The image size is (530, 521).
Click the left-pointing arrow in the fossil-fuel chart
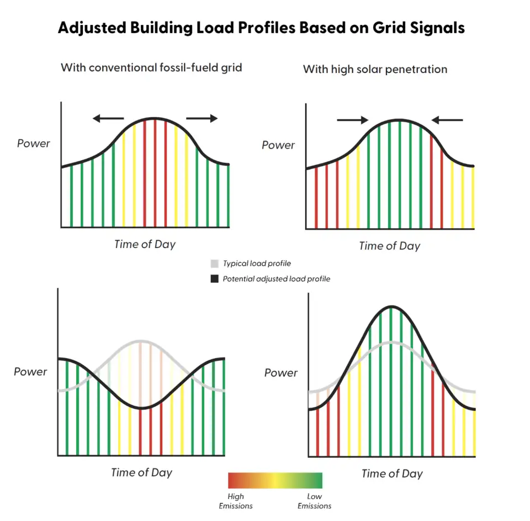pyautogui.click(x=108, y=118)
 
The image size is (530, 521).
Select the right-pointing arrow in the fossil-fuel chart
pyautogui.click(x=202, y=118)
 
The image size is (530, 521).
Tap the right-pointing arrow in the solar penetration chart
pyautogui.click(x=352, y=119)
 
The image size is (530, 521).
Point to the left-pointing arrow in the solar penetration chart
pyautogui.click(x=447, y=119)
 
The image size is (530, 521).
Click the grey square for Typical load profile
pyautogui.click(x=215, y=264)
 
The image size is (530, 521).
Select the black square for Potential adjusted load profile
pyautogui.click(x=215, y=279)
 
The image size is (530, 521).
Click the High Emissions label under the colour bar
pyautogui.click(x=236, y=501)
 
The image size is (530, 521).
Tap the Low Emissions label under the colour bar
pyautogui.click(x=314, y=501)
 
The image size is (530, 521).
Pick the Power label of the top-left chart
pyautogui.click(x=34, y=144)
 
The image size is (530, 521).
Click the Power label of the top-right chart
pyautogui.click(x=278, y=145)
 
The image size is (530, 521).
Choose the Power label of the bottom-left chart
pyautogui.click(x=30, y=372)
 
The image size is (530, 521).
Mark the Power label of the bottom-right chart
pyautogui.click(x=281, y=373)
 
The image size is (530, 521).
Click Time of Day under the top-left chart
pyautogui.click(x=145, y=244)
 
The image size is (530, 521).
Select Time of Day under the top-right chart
pyautogui.click(x=390, y=246)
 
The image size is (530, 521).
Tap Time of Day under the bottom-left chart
pyautogui.click(x=141, y=472)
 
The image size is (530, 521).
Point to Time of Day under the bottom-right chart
pyautogui.click(x=392, y=473)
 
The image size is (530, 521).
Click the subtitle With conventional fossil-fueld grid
pyautogui.click(x=151, y=68)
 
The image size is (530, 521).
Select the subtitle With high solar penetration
pyautogui.click(x=375, y=70)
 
